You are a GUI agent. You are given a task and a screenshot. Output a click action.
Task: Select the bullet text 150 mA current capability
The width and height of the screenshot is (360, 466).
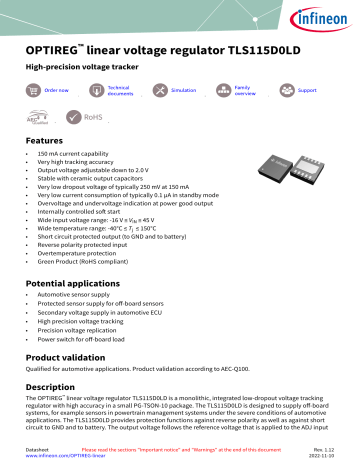pos(76,155)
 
